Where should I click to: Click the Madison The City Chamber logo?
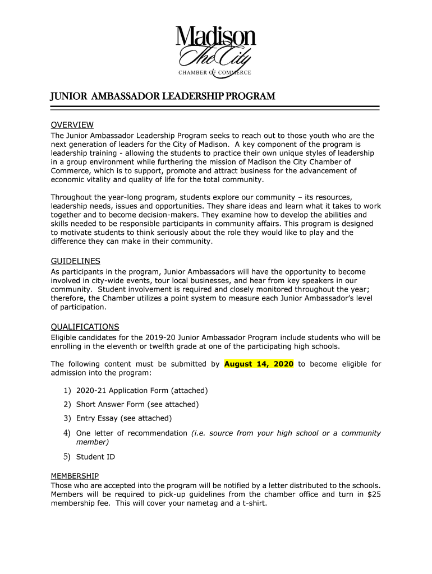[215, 51]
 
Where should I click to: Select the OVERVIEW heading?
[72, 125]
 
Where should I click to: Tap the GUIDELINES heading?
[75, 261]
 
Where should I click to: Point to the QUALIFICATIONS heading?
[85, 327]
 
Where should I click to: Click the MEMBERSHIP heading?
[75, 476]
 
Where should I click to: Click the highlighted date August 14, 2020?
[259, 364]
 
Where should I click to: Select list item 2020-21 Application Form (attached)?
[142, 390]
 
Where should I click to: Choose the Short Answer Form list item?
[137, 404]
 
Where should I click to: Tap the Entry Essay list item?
[123, 418]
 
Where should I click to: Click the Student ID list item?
[95, 457]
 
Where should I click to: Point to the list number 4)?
[66, 433]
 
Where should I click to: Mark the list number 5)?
[66, 457]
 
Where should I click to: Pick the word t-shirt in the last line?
[252, 503]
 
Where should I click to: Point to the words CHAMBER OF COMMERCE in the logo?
[215, 73]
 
